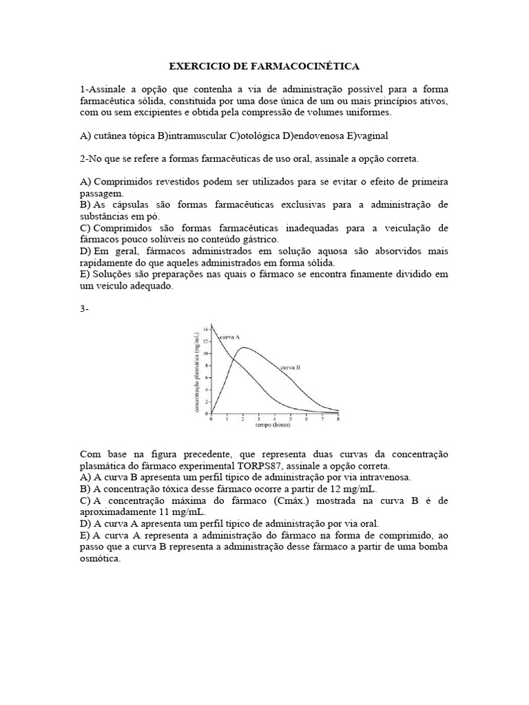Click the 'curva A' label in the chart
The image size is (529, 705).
(x=229, y=337)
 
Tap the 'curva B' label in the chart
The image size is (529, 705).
(x=289, y=368)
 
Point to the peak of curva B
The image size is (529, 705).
(x=244, y=348)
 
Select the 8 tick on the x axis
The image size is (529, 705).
(x=338, y=419)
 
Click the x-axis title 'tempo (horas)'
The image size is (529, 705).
(x=273, y=425)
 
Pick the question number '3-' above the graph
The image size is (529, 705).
(x=85, y=308)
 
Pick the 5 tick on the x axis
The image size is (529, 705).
(x=290, y=419)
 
